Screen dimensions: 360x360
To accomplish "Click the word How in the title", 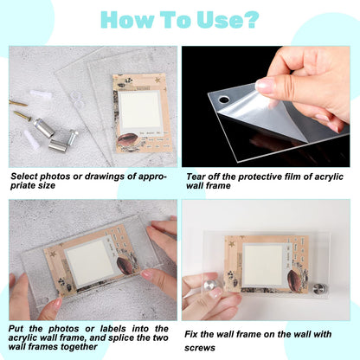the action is click(x=127, y=20).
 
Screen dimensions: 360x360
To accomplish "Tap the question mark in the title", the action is click(x=251, y=19).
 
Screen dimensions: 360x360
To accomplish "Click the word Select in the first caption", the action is click(x=24, y=177).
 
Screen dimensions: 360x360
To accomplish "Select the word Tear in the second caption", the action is click(x=196, y=177).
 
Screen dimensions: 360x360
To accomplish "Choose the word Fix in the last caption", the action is click(x=191, y=334).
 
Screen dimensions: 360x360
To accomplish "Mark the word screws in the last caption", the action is click(x=200, y=348).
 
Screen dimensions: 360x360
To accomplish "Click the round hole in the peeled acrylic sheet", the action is click(x=224, y=100).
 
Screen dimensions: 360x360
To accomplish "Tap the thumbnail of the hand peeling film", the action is click(x=266, y=106).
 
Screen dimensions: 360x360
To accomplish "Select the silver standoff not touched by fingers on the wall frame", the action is click(x=319, y=289).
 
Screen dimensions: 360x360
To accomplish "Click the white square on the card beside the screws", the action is click(x=140, y=110).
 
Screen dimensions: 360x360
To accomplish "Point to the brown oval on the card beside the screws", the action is click(x=127, y=140).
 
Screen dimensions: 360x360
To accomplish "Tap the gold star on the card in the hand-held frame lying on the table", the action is click(x=53, y=254).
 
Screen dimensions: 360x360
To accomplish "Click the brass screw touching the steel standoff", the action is click(x=22, y=115).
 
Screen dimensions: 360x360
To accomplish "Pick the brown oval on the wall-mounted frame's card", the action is click(x=293, y=278).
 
